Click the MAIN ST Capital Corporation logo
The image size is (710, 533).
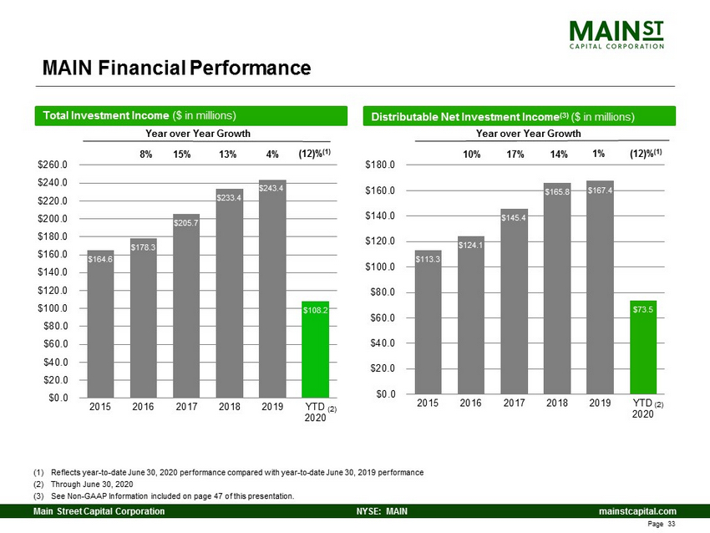click(x=616, y=34)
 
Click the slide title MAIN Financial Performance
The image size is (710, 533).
click(x=176, y=68)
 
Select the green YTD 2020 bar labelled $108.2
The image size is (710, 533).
click(x=315, y=349)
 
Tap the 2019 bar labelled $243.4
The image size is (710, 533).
click(x=272, y=289)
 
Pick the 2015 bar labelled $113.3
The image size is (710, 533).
click(x=428, y=322)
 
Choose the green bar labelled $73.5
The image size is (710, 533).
click(x=643, y=348)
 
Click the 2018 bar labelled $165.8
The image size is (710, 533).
click(x=557, y=288)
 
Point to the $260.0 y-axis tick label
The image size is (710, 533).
click(x=53, y=165)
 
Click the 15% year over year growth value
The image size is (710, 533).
click(x=182, y=155)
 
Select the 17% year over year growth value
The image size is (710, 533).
click(x=515, y=155)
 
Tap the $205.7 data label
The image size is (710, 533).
click(x=186, y=223)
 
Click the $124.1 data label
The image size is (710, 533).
click(x=471, y=245)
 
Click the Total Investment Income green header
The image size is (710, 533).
click(x=191, y=116)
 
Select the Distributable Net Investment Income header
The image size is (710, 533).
click(x=520, y=116)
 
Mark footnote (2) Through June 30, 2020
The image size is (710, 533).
click(x=84, y=484)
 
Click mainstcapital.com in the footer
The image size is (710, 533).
click(x=637, y=511)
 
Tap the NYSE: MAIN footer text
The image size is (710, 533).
click(x=382, y=511)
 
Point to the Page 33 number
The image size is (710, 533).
click(x=661, y=524)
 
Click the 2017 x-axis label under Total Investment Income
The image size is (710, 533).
click(x=186, y=407)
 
